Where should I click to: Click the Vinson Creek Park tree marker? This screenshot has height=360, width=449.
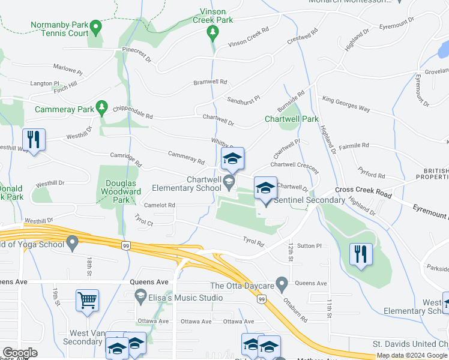pos(211,31)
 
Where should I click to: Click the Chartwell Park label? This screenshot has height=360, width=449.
pos(292,119)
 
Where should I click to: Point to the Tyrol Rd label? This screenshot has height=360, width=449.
pos(253,242)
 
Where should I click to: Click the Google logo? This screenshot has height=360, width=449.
pos(20,353)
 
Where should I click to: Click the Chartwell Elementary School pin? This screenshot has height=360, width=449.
pos(228,181)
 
